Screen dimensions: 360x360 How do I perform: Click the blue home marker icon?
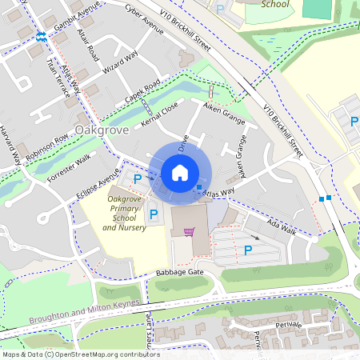[180, 172]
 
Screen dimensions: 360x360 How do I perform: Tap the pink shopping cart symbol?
[189, 232]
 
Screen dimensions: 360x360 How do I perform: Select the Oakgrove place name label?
[102, 130]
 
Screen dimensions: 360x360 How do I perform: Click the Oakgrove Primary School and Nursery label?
[124, 213]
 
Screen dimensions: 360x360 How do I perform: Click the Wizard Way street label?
[122, 67]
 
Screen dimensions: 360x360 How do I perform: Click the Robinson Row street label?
[47, 144]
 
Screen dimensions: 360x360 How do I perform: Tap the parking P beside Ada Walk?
[248, 250]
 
